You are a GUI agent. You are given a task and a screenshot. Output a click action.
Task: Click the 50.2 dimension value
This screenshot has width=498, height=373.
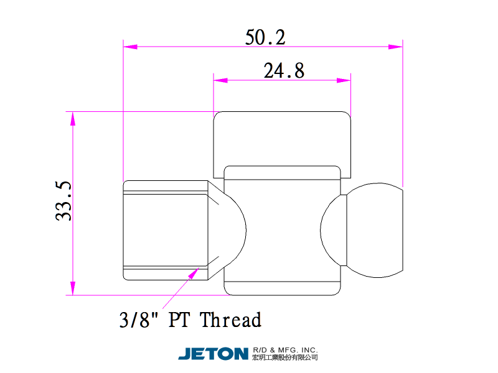point(265,37)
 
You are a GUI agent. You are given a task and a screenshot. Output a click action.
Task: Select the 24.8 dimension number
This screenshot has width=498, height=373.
point(284,70)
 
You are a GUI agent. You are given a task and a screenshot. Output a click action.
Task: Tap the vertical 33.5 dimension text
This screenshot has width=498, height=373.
point(63,201)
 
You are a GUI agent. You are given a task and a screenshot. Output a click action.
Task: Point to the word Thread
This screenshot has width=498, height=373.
point(230,319)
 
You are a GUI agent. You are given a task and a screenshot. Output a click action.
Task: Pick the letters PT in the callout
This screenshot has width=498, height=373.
point(179,319)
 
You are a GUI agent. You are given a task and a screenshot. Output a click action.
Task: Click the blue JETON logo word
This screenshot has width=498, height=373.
point(213,354)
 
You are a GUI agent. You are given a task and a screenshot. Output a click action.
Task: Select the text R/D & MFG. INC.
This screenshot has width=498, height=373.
point(285,350)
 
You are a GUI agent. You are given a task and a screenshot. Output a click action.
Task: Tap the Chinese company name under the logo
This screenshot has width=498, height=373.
point(285,357)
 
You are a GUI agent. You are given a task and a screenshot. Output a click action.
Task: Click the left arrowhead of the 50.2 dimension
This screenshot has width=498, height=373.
point(130,47)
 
